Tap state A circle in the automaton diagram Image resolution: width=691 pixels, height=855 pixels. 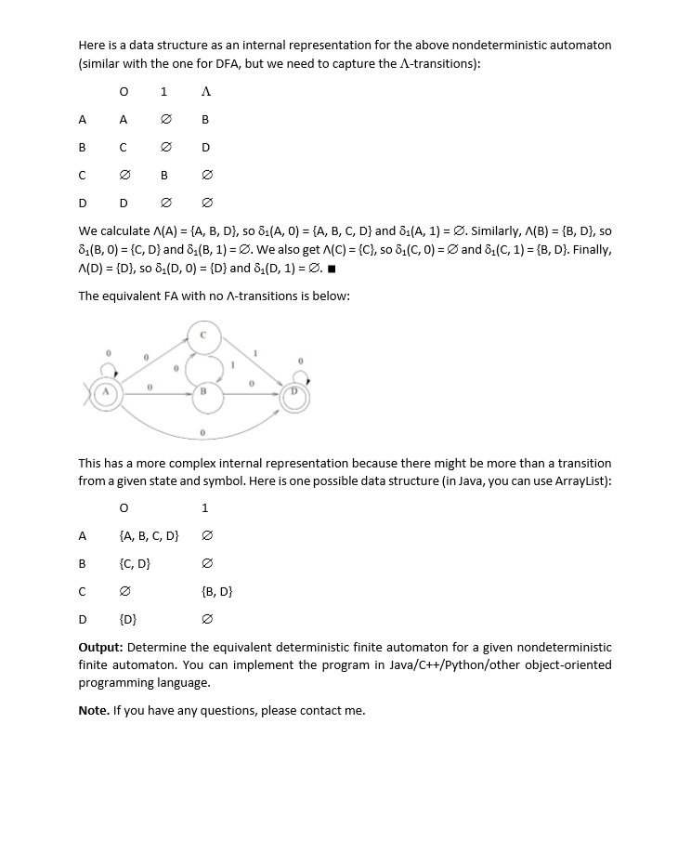tap(107, 394)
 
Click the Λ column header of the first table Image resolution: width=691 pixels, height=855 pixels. tap(205, 92)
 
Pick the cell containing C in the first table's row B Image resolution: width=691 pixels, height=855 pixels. tap(123, 147)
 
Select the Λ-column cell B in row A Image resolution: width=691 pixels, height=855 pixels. tap(205, 120)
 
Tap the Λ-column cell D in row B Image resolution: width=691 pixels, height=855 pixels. tap(205, 147)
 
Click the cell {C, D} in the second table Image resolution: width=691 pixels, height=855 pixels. tap(136, 563)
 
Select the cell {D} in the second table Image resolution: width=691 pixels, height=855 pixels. tap(129, 619)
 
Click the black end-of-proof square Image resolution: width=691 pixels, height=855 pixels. tap(332, 270)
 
